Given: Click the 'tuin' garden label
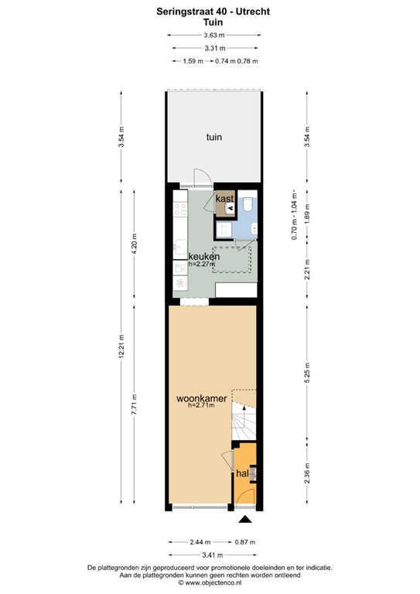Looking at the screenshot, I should (x=214, y=138).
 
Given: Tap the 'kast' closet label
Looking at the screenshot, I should (x=225, y=200).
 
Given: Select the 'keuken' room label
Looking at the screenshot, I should (x=205, y=256).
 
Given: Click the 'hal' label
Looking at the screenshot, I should (x=243, y=473).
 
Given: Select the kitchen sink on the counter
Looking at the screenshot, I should (x=179, y=249).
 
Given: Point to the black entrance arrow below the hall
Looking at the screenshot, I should (x=245, y=520).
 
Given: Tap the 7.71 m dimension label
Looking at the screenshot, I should (x=135, y=405).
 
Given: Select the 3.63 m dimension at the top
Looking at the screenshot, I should (x=214, y=36).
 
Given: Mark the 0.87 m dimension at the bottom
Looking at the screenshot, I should (x=247, y=542).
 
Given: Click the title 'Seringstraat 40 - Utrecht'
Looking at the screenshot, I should (x=214, y=12).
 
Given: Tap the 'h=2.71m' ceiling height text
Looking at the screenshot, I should (x=202, y=408).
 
